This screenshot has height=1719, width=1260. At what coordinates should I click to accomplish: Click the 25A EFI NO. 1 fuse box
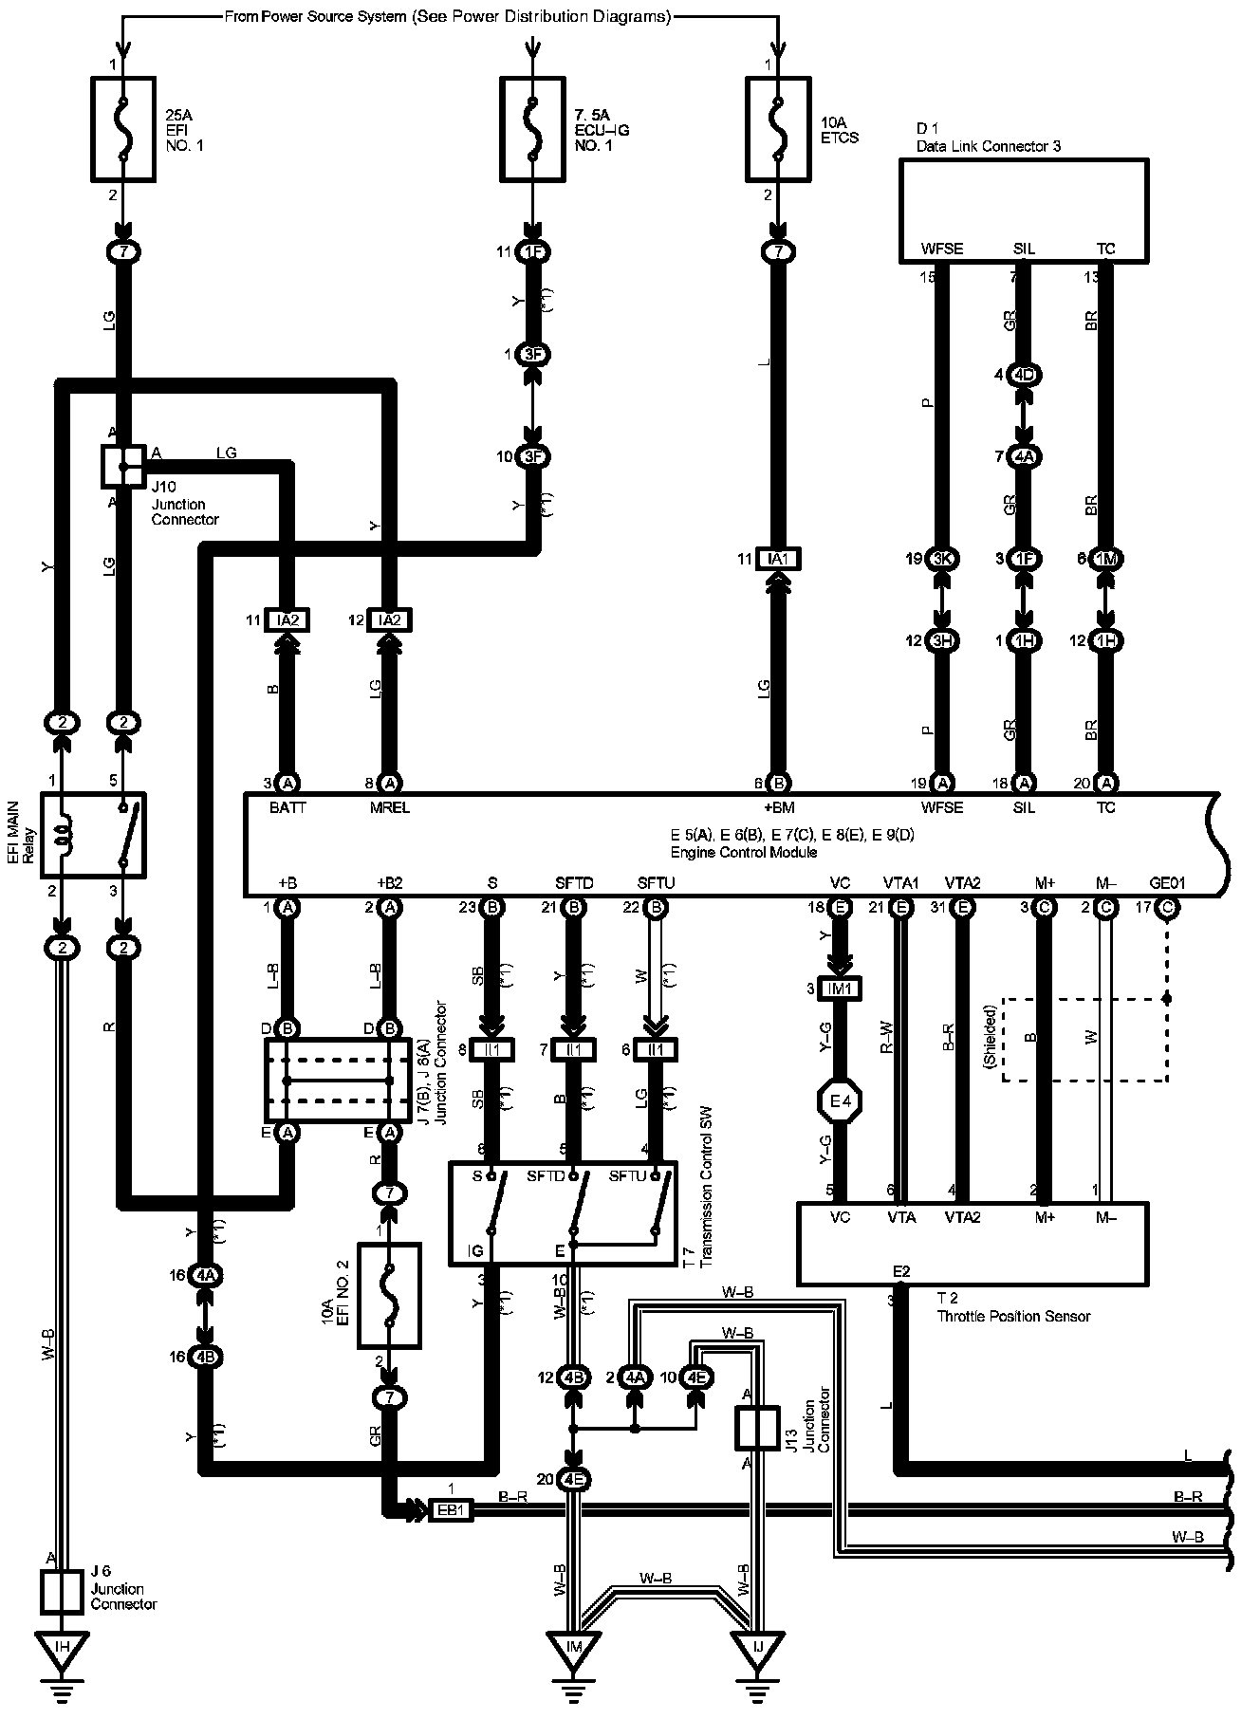(x=122, y=129)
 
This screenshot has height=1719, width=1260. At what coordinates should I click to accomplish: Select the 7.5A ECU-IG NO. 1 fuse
(x=533, y=129)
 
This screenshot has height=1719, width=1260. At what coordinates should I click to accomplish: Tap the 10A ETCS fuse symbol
(x=778, y=129)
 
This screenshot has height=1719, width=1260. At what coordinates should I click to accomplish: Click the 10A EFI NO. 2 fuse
(x=389, y=1295)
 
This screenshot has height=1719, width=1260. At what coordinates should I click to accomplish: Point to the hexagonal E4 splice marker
(x=839, y=1101)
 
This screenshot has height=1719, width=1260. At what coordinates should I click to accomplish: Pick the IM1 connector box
(x=841, y=989)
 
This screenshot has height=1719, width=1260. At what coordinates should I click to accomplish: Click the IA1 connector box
(x=778, y=559)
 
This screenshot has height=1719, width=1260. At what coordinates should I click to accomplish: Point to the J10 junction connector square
(x=123, y=465)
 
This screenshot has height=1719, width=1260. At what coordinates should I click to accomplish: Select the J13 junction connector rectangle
(x=757, y=1428)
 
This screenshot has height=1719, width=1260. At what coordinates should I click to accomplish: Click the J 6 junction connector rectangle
(x=63, y=1592)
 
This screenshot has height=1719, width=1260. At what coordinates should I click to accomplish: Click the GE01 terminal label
(x=1167, y=883)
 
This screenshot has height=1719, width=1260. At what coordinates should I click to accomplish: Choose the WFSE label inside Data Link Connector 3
(x=941, y=250)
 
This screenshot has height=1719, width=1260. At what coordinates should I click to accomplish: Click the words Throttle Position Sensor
(x=1013, y=1316)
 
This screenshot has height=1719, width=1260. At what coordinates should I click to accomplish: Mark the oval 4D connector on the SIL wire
(x=1025, y=375)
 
